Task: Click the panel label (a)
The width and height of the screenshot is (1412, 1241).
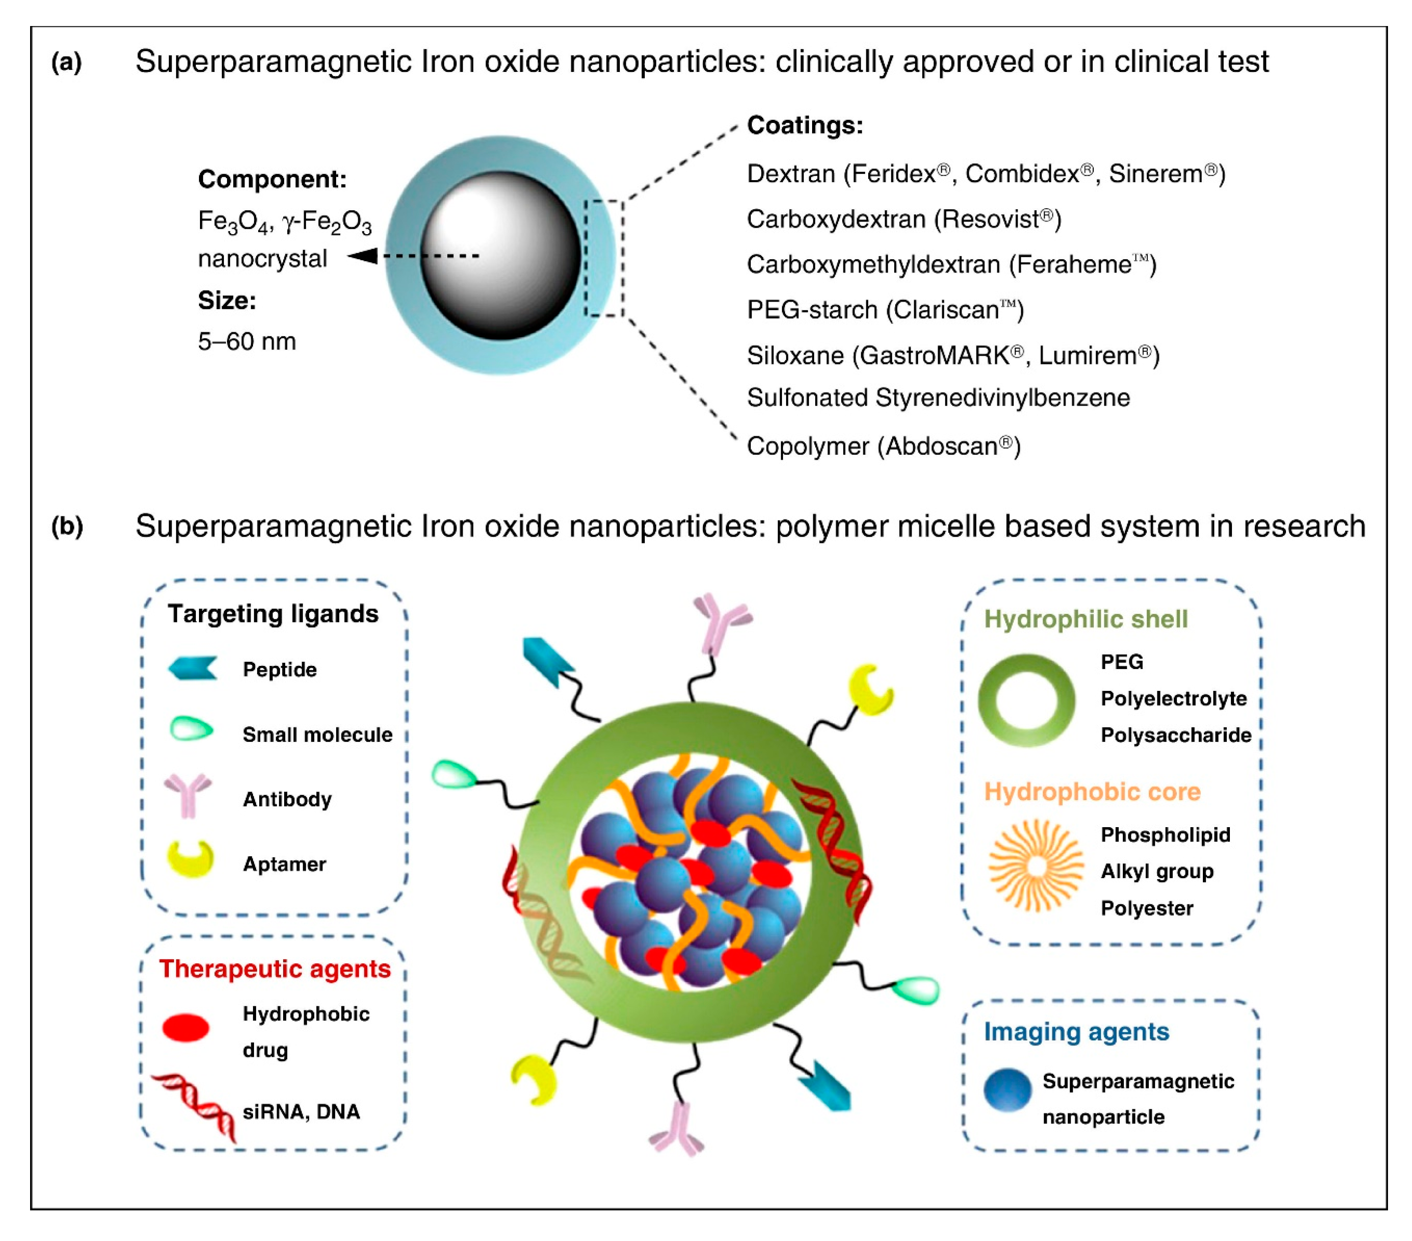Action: pyautogui.click(x=66, y=63)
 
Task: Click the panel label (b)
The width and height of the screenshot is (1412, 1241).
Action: pyautogui.click(x=67, y=527)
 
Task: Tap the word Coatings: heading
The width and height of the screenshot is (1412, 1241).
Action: pyautogui.click(x=805, y=125)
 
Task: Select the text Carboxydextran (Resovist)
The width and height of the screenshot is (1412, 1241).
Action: pyautogui.click(x=903, y=219)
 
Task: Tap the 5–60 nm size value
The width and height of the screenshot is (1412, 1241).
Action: pyautogui.click(x=246, y=341)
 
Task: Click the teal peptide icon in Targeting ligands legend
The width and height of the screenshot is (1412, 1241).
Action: pyautogui.click(x=193, y=668)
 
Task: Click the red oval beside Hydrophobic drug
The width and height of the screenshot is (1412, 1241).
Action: pyautogui.click(x=186, y=1028)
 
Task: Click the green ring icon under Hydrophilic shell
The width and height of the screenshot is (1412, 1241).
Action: pyautogui.click(x=1026, y=700)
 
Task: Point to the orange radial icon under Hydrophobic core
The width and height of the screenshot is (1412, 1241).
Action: pyautogui.click(x=1035, y=866)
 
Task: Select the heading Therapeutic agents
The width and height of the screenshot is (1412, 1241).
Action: pyautogui.click(x=275, y=969)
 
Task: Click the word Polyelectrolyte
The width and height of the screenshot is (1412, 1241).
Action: pyautogui.click(x=1173, y=699)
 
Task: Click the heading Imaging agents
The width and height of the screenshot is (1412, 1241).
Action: pyautogui.click(x=1076, y=1032)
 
